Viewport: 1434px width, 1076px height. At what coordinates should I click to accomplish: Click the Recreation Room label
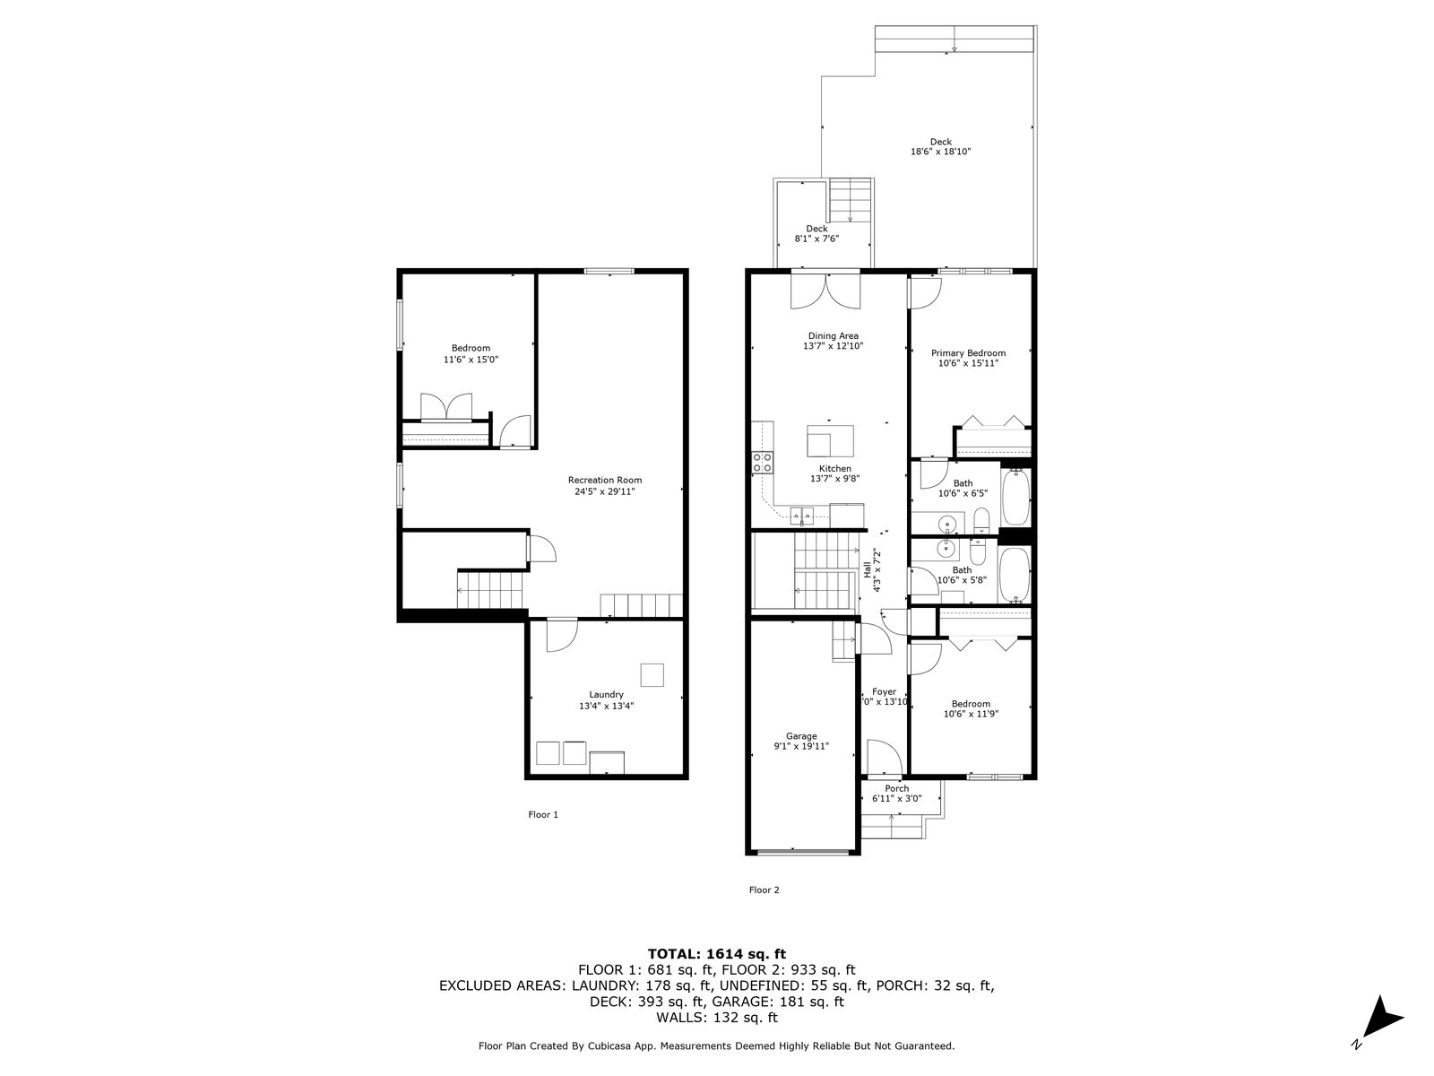click(x=604, y=481)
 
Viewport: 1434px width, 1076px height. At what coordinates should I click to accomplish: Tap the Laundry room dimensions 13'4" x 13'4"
click(x=606, y=706)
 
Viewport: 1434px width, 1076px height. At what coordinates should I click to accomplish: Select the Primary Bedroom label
click(x=968, y=352)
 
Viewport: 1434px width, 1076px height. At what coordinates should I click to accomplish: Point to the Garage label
click(x=801, y=735)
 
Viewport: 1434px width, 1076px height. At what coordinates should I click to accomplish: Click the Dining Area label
click(x=833, y=335)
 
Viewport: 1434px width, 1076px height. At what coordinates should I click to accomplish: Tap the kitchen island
click(x=830, y=441)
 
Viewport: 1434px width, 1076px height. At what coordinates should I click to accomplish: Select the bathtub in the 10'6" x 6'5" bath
click(x=1015, y=498)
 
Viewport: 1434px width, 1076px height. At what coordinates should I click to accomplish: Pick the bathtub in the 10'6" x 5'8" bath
click(x=1015, y=574)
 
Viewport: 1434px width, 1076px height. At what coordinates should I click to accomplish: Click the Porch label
click(x=897, y=788)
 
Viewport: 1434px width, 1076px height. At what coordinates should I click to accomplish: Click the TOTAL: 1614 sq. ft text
click(x=717, y=954)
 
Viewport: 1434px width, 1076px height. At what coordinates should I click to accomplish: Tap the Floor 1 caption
click(x=543, y=815)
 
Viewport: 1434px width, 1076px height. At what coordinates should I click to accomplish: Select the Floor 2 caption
click(x=764, y=889)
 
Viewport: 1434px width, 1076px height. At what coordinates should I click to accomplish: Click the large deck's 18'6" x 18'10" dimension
click(x=941, y=152)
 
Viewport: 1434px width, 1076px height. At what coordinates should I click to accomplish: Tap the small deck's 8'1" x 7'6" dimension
click(x=816, y=239)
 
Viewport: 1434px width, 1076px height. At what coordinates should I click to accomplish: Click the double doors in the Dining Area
click(x=825, y=291)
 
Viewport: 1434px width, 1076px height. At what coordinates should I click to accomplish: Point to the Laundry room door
click(x=562, y=635)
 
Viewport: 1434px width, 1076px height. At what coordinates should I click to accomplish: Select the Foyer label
click(x=884, y=692)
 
